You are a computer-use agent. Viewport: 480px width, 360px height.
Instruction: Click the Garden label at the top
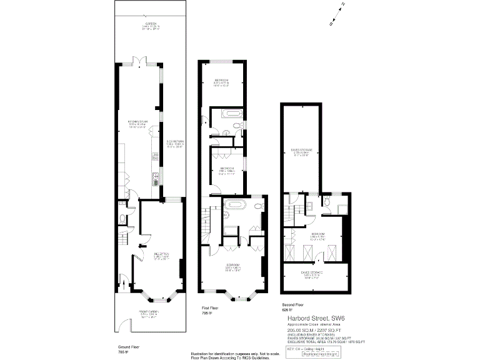click(x=151, y=26)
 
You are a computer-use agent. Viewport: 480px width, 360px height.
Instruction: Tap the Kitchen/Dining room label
click(x=137, y=124)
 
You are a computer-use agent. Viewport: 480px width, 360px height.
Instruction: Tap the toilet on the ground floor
click(x=123, y=219)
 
